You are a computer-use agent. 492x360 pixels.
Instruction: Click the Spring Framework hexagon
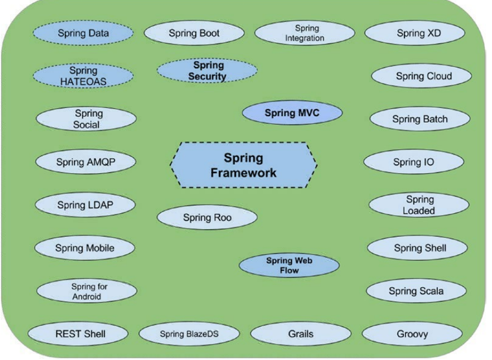click(x=243, y=165)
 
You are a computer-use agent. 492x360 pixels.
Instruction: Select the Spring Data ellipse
click(x=83, y=33)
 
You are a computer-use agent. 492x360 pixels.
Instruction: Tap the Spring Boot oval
click(x=194, y=33)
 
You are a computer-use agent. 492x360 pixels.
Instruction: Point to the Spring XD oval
click(x=418, y=33)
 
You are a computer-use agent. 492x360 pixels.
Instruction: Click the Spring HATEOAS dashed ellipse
click(x=83, y=76)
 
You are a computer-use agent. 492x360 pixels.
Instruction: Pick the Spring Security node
click(x=207, y=71)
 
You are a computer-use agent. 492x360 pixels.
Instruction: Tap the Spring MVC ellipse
click(x=292, y=113)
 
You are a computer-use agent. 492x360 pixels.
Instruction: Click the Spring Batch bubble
click(x=420, y=119)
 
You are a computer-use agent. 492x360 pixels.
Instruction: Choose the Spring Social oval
click(x=86, y=119)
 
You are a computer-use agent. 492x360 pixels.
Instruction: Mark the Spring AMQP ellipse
click(x=86, y=162)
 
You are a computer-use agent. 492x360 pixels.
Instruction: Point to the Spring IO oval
click(x=414, y=162)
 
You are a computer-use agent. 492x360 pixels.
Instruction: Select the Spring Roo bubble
click(x=207, y=218)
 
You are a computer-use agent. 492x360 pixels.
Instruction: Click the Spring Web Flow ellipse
click(x=289, y=266)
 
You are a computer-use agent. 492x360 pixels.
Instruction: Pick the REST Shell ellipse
click(x=80, y=334)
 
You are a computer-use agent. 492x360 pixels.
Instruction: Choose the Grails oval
click(x=301, y=334)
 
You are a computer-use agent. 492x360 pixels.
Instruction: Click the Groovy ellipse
click(x=412, y=334)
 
